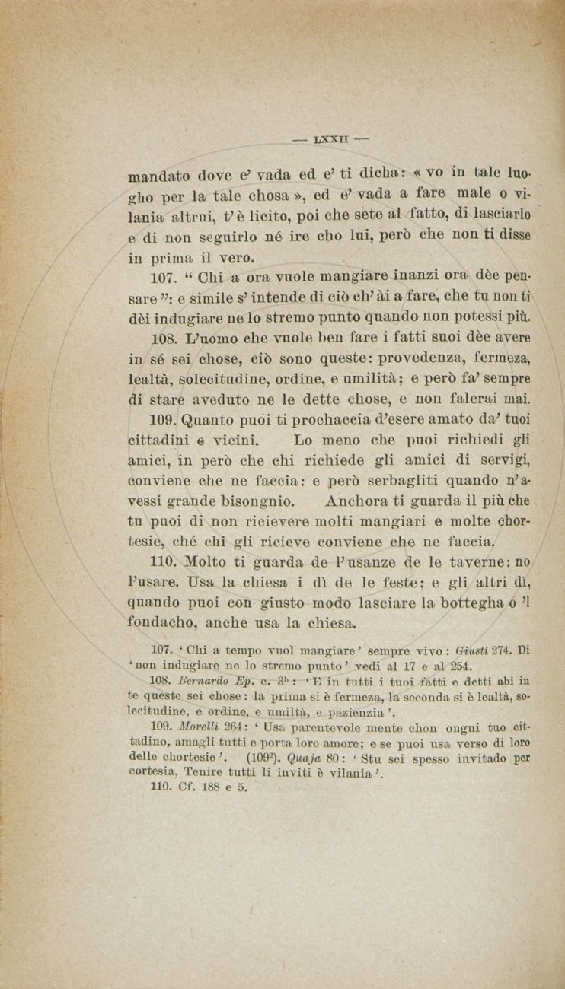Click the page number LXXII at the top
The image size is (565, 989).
(x=330, y=140)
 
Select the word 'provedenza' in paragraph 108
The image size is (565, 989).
(x=413, y=357)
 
